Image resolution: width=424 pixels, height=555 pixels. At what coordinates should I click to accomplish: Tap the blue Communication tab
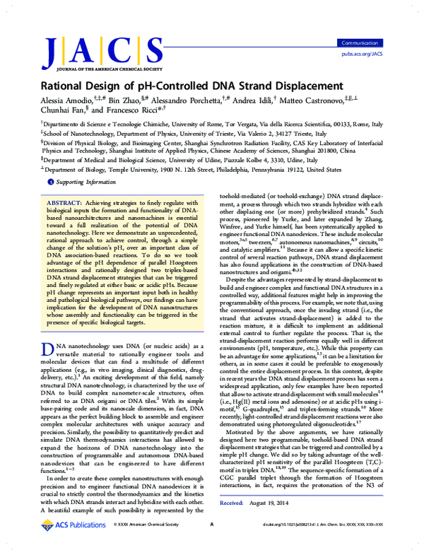360,43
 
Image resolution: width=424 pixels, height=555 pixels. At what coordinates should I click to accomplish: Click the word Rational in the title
69,85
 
